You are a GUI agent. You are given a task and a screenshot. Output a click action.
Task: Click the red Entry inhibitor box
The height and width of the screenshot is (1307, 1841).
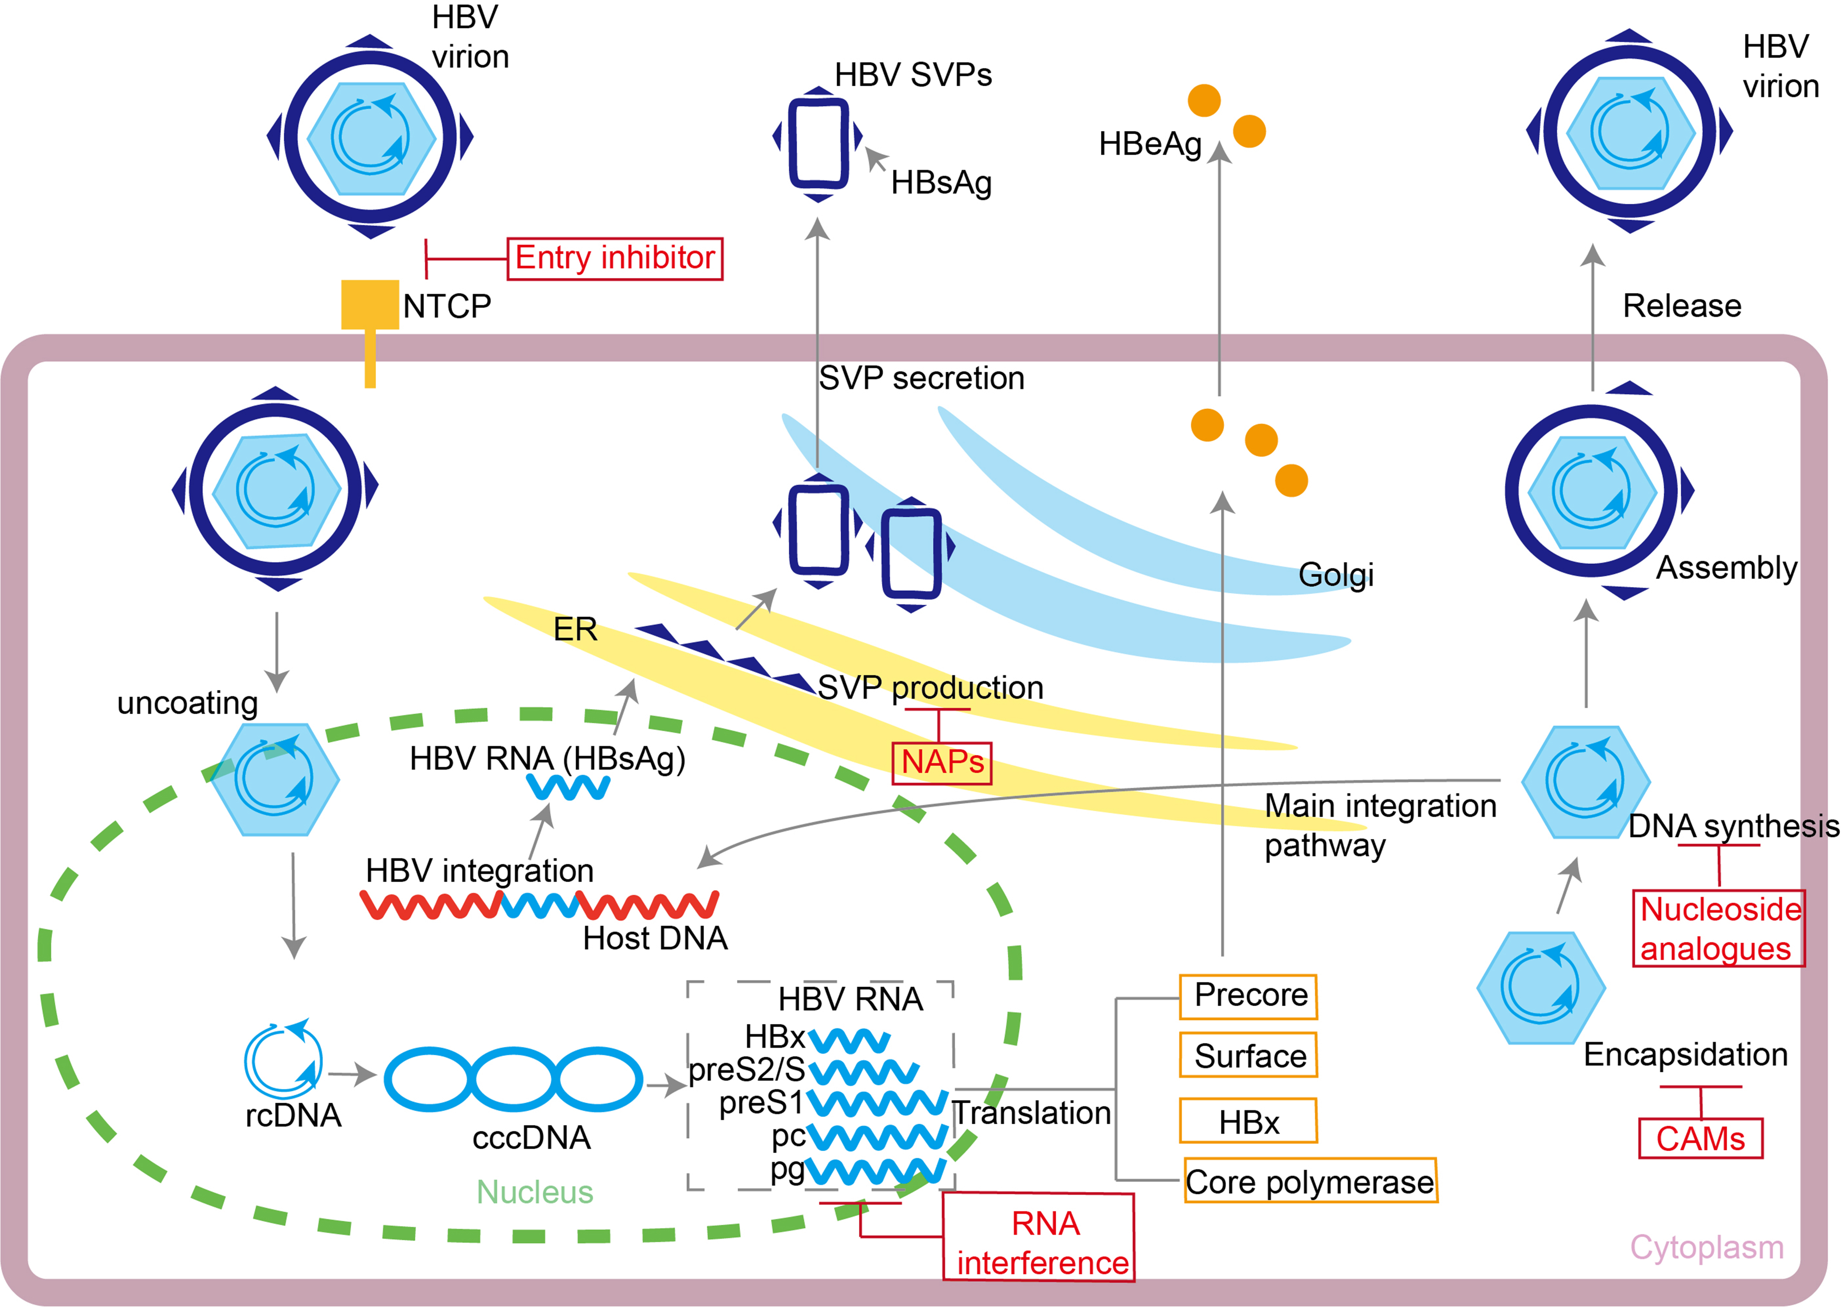[x=615, y=258]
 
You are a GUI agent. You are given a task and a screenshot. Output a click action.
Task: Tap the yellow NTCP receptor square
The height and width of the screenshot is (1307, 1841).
[x=369, y=304]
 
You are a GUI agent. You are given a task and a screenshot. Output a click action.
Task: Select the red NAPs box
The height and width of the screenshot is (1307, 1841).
[x=942, y=762]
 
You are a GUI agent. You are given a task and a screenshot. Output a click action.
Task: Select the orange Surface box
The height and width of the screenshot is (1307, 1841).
[x=1248, y=1055]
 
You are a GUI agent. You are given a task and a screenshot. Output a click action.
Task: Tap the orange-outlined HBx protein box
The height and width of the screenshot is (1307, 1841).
[x=1248, y=1121]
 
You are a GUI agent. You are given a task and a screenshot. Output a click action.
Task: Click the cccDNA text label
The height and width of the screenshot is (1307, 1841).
[x=531, y=1137]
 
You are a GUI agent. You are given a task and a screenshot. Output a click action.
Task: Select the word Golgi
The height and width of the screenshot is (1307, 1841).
[x=1336, y=575]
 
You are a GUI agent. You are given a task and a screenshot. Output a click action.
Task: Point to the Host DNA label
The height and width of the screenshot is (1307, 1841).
[x=655, y=938]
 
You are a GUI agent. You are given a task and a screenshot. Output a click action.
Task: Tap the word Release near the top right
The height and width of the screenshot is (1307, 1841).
[x=1682, y=306]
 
